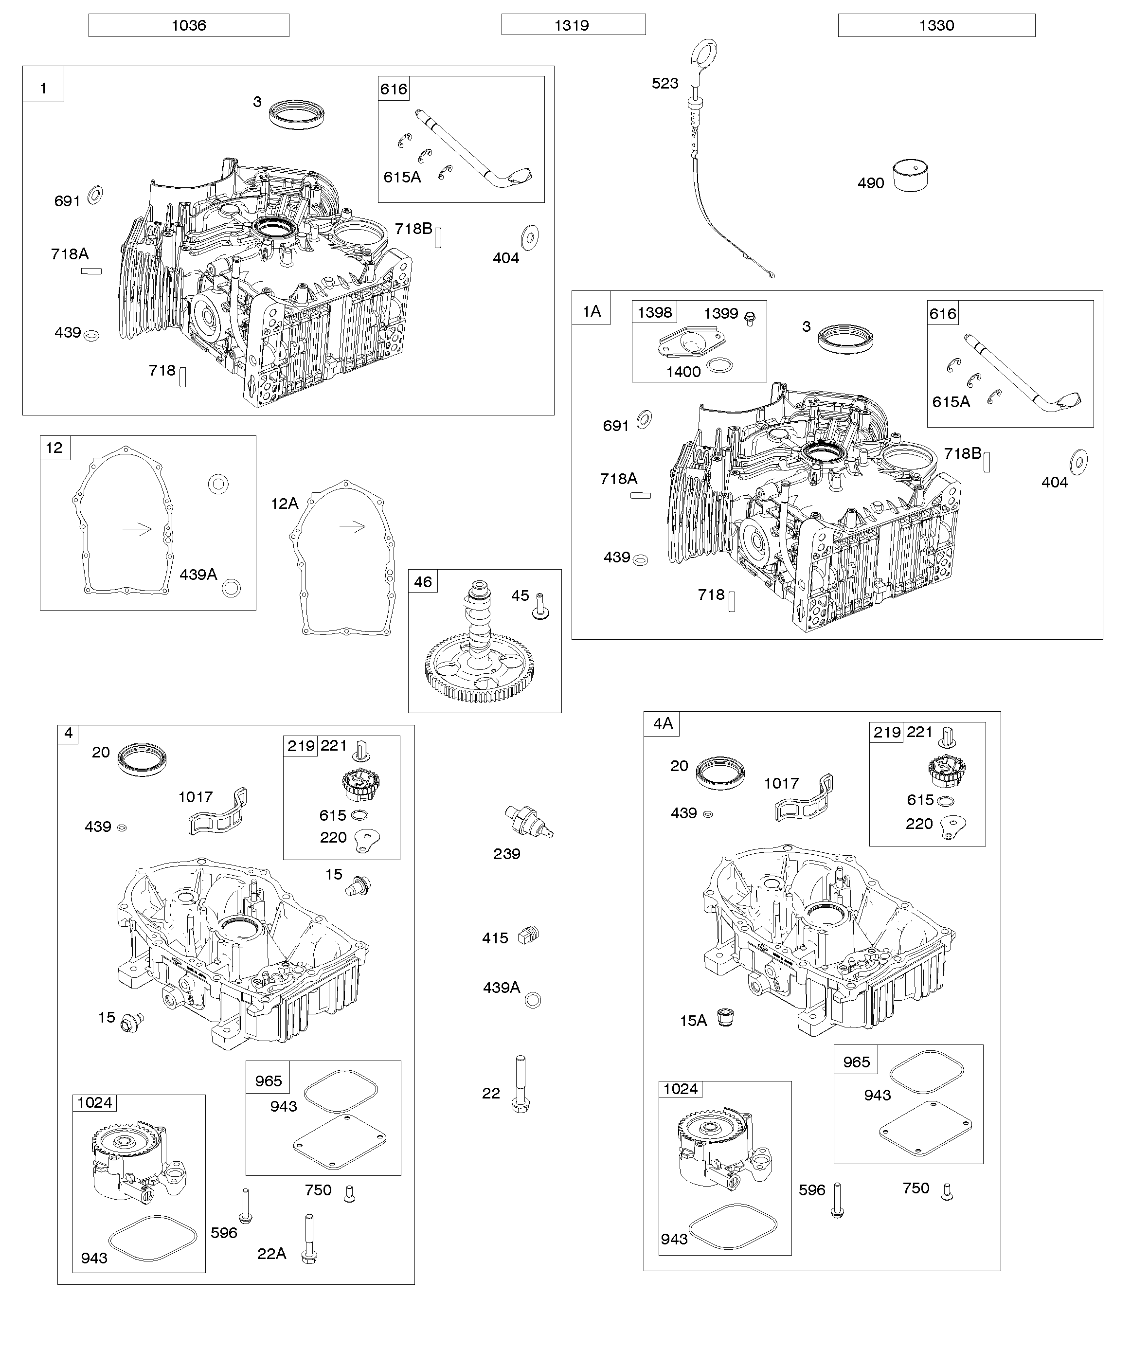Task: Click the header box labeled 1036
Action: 188,26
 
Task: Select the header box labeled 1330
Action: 936,26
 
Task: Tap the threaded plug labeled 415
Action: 528,936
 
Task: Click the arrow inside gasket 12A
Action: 352,526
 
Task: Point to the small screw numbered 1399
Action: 749,318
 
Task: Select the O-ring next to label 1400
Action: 719,366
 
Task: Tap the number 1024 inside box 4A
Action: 680,1089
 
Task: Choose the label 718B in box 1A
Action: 963,453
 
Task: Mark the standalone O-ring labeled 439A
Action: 532,1000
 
